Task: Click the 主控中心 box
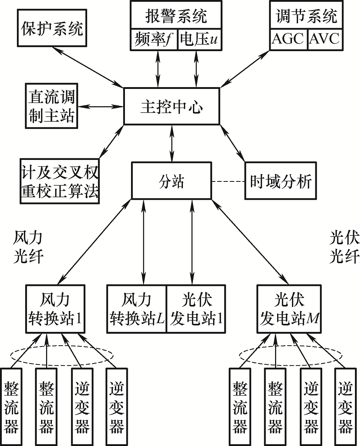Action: [x=171, y=107]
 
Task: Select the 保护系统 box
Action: [x=52, y=28]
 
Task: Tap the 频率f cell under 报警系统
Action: [x=154, y=40]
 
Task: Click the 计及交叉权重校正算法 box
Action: [x=59, y=182]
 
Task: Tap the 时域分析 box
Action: [x=281, y=181]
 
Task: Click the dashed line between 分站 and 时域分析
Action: [x=228, y=181]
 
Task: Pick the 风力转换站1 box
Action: [x=55, y=309]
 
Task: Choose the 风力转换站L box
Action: [x=137, y=309]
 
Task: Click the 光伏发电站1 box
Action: [x=197, y=309]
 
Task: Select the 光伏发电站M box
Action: [x=289, y=309]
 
